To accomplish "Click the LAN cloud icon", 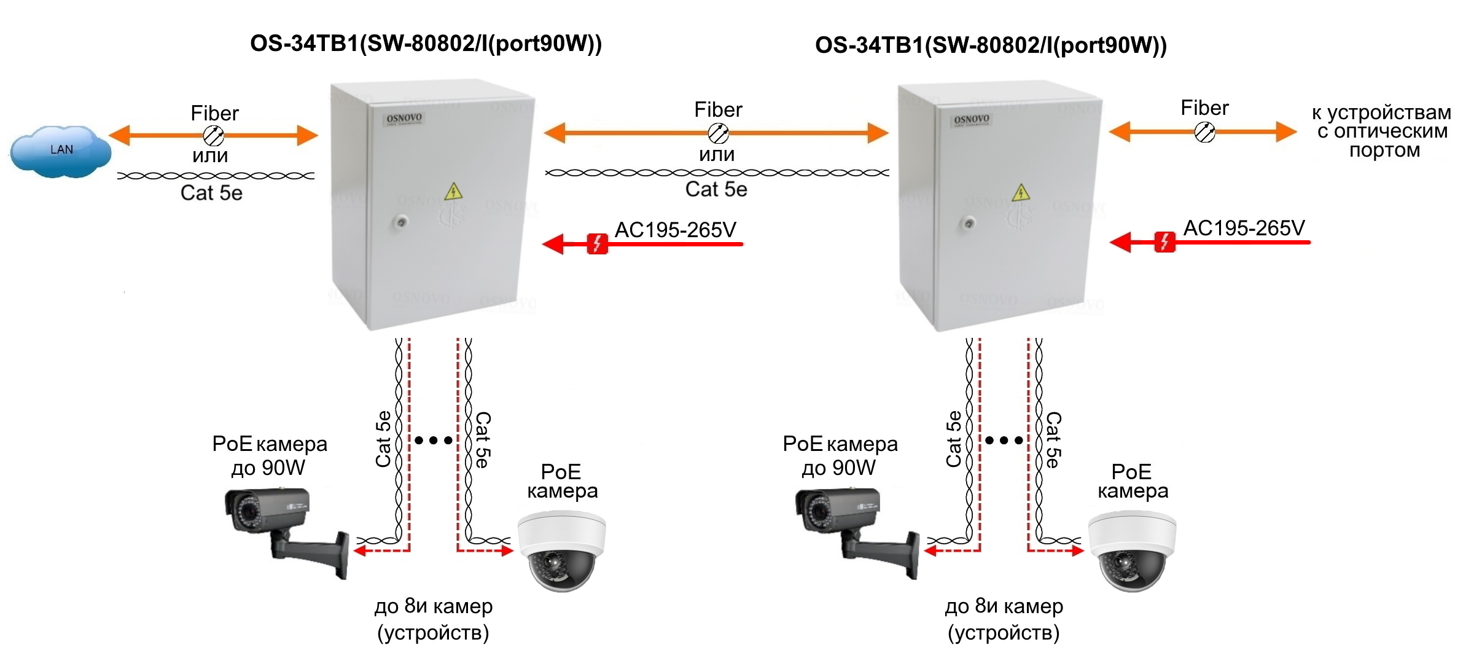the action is (60, 151).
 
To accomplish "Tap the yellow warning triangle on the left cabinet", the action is (453, 192).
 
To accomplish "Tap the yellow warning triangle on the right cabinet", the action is (1021, 193).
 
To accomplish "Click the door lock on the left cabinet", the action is (401, 222).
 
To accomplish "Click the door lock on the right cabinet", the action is (969, 223).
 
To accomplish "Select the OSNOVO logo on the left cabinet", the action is (404, 118).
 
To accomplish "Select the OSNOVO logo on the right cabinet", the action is (972, 119).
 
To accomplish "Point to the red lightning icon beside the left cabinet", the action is (597, 244).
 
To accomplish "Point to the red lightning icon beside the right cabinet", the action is (1164, 242).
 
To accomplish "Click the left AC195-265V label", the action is (676, 230).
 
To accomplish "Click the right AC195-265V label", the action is (1244, 228).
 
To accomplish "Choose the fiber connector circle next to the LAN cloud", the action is (213, 135).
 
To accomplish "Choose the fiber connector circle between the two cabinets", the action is (718, 133).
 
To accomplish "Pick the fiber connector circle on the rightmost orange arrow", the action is (1204, 131).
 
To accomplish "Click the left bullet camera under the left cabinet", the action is (287, 531).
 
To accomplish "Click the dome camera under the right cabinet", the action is (1132, 551).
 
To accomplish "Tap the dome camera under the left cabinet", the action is (561, 551).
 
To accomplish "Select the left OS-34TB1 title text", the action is (426, 44).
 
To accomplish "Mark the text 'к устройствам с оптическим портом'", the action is (1382, 131).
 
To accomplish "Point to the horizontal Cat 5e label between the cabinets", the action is (716, 189).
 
